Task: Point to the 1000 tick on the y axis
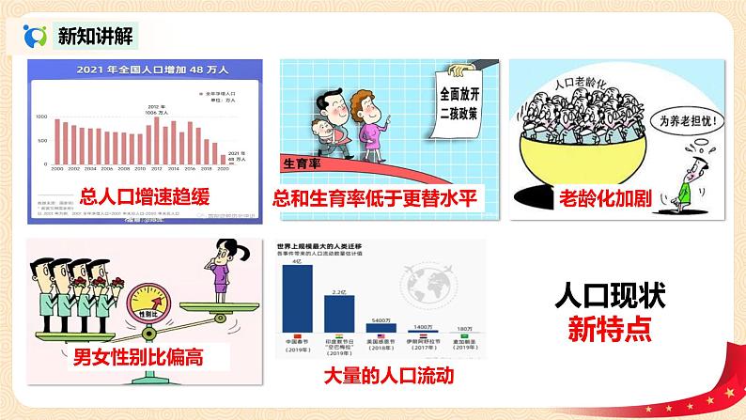click(x=42, y=117)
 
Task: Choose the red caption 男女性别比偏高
click(x=139, y=357)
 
